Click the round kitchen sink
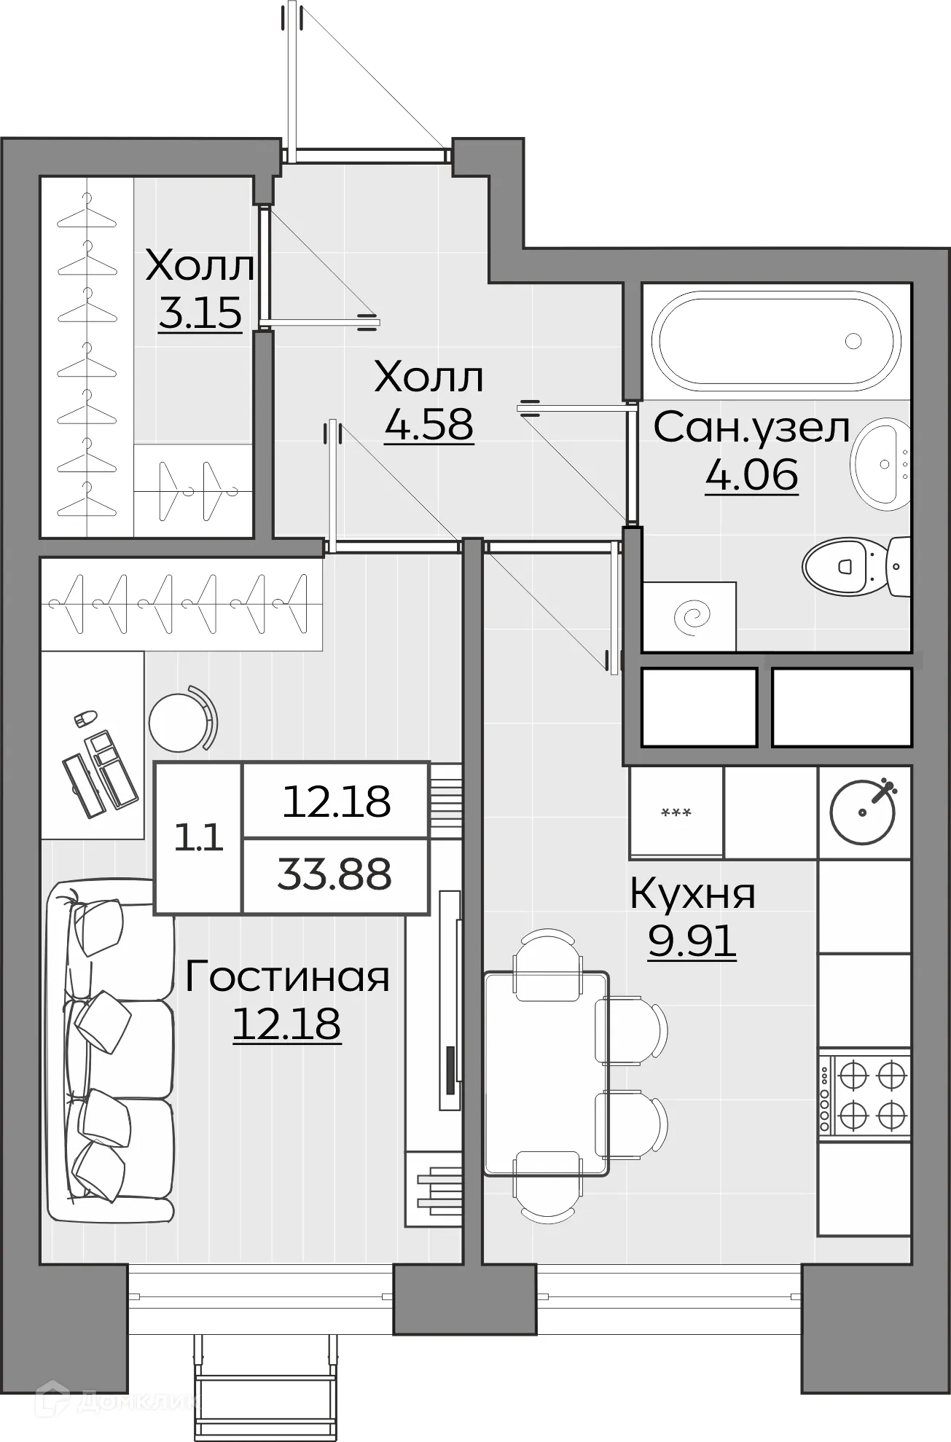coord(864,811)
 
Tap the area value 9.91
coord(692,942)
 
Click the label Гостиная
coord(287,977)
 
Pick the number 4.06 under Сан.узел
coord(751,475)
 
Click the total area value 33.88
coord(334,874)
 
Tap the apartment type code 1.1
coord(197,839)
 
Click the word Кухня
coord(692,894)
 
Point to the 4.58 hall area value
coord(428,425)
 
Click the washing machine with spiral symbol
coord(689,616)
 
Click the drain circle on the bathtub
coord(853,340)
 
